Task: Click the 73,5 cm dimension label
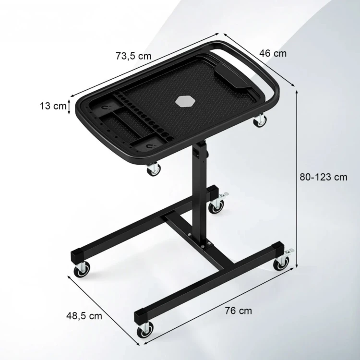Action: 133,56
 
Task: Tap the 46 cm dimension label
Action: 273,53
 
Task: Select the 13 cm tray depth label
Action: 53,106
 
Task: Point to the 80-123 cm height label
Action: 324,177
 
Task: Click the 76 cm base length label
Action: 238,311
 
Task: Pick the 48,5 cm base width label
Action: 84,316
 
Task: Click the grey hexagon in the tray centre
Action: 185,101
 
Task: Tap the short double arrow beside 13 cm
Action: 69,106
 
